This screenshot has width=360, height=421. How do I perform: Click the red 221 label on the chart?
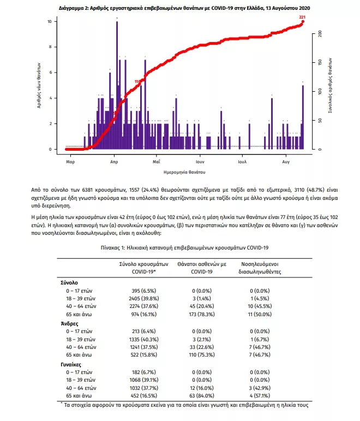pyautogui.click(x=302, y=17)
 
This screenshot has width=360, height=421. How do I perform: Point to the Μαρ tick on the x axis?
pyautogui.click(x=70, y=162)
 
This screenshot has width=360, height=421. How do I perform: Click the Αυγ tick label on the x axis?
pyautogui.click(x=286, y=162)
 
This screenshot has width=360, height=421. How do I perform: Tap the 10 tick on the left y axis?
pyautogui.click(x=49, y=21)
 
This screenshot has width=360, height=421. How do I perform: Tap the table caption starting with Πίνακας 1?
pyautogui.click(x=179, y=247)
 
